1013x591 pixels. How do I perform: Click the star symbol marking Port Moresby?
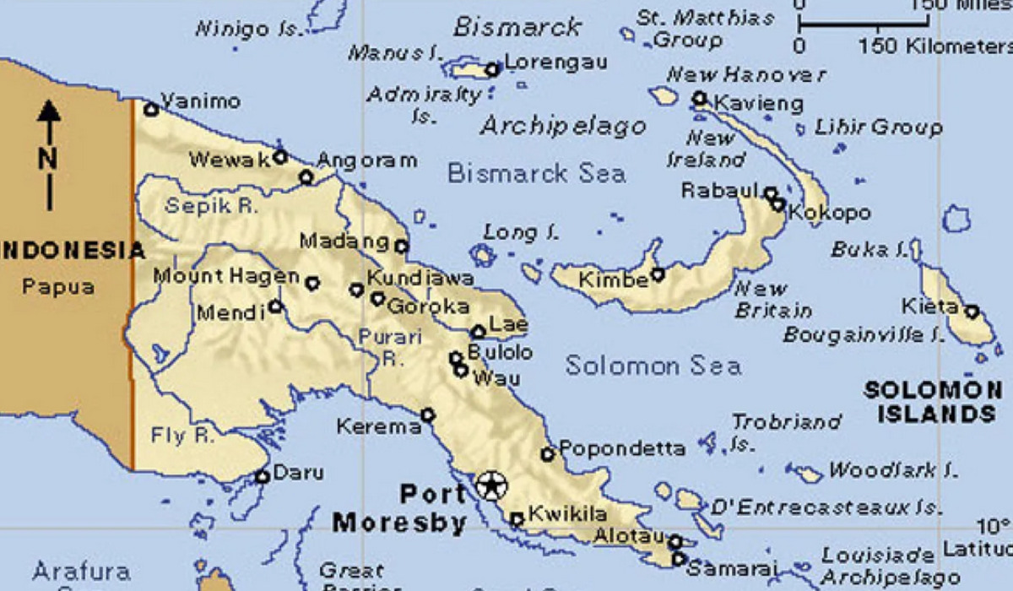pyautogui.click(x=490, y=485)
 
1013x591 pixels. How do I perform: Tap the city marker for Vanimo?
pyautogui.click(x=151, y=109)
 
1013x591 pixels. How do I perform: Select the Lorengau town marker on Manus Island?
pyautogui.click(x=492, y=69)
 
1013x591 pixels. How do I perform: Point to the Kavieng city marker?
pyautogui.click(x=699, y=99)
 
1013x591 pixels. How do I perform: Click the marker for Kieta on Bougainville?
pyautogui.click(x=972, y=312)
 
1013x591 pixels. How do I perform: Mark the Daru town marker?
pyautogui.click(x=263, y=476)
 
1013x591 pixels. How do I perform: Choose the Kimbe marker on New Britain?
pyautogui.click(x=657, y=274)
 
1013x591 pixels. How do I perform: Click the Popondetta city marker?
pyautogui.click(x=547, y=454)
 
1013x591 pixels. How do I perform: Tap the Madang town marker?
pyautogui.click(x=401, y=247)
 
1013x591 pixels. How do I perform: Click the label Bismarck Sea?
pyautogui.click(x=536, y=174)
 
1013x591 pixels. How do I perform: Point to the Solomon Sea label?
pyautogui.click(x=653, y=366)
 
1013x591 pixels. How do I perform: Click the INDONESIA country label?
pyautogui.click(x=73, y=251)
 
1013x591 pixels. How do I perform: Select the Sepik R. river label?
pyautogui.click(x=211, y=205)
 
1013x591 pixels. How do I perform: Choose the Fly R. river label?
pyautogui.click(x=181, y=436)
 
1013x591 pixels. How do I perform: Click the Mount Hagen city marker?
pyautogui.click(x=312, y=283)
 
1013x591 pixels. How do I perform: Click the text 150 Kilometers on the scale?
pyautogui.click(x=935, y=46)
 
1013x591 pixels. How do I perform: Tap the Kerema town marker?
pyautogui.click(x=428, y=415)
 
